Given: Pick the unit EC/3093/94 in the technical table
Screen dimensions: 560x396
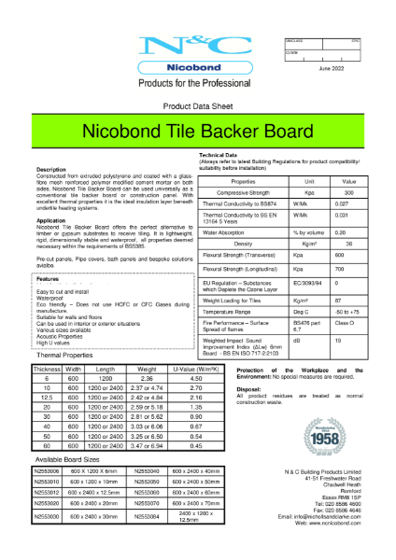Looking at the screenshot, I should pos(283,280).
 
